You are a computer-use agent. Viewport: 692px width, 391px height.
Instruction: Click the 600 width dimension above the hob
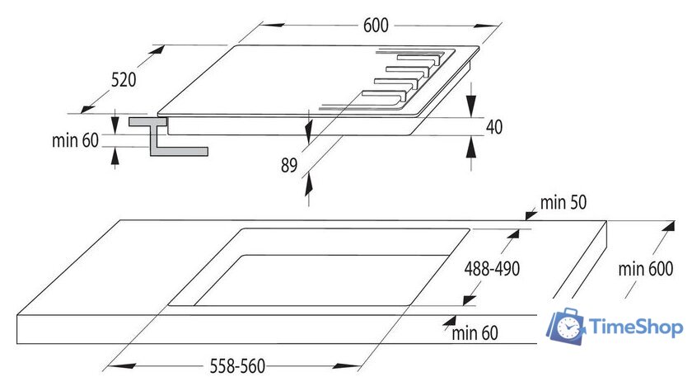pyautogui.click(x=375, y=25)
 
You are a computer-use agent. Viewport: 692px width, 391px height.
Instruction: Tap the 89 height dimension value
pyautogui.click(x=288, y=165)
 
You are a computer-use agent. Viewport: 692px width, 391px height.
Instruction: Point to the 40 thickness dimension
pyautogui.click(x=493, y=126)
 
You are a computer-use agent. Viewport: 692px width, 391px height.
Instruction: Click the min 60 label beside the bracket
pyautogui.click(x=75, y=139)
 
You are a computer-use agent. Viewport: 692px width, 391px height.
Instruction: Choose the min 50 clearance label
pyautogui.click(x=564, y=203)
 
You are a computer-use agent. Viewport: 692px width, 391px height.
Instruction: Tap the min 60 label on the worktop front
pyautogui.click(x=475, y=333)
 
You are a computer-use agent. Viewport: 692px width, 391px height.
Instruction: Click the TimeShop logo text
pyautogui.click(x=637, y=327)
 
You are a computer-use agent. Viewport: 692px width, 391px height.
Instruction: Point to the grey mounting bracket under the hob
pyautogui.click(x=165, y=137)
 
